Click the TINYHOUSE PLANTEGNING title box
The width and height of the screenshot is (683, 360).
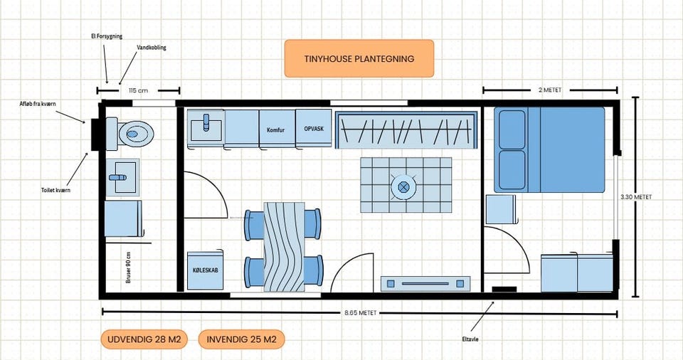click(x=359, y=58)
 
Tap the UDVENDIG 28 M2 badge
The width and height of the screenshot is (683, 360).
click(x=144, y=339)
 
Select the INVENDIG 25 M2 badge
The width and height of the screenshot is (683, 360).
click(x=241, y=339)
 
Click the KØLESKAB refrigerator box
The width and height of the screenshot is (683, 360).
click(x=205, y=270)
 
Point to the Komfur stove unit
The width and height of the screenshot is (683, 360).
click(x=277, y=129)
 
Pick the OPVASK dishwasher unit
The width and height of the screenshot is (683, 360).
click(x=314, y=128)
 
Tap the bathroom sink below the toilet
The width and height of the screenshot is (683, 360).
click(x=123, y=177)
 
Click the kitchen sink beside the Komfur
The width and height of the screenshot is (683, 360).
click(x=206, y=127)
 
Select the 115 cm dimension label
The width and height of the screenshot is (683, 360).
click(x=139, y=90)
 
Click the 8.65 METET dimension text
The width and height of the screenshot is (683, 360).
click(x=360, y=313)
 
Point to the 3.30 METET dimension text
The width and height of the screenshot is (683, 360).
click(x=636, y=197)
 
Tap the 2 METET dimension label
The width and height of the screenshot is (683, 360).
click(x=550, y=90)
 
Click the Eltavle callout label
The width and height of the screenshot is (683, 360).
click(x=470, y=339)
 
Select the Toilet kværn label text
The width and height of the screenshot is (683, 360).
click(x=55, y=190)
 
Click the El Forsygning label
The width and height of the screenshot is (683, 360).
click(x=107, y=36)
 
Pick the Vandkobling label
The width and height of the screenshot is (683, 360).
click(x=152, y=48)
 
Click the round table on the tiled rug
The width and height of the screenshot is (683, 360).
click(x=403, y=187)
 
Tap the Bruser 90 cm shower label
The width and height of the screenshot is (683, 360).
click(x=128, y=268)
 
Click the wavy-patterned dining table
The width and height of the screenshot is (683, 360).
click(x=284, y=247)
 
